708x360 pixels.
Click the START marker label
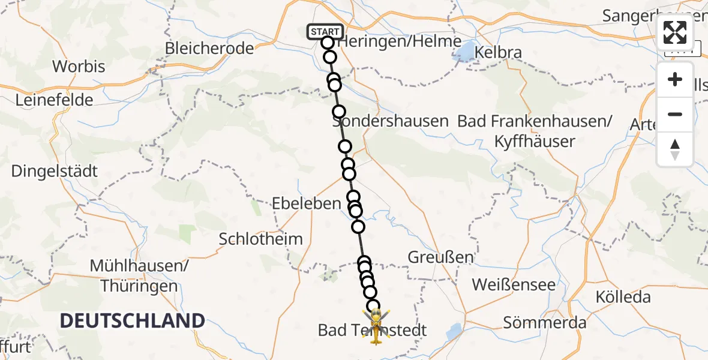click(325, 31)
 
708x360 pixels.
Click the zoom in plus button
click(675, 80)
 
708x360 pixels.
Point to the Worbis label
click(79, 66)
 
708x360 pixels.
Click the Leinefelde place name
click(54, 100)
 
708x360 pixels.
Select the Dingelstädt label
click(54, 171)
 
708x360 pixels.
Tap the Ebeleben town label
click(307, 203)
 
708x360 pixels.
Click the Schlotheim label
click(260, 239)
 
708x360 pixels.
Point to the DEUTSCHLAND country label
click(133, 320)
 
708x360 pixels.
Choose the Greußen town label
click(440, 257)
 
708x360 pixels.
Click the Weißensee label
click(514, 284)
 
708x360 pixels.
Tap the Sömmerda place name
click(544, 322)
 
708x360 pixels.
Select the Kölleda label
click(623, 296)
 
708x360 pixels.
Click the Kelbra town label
click(498, 52)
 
